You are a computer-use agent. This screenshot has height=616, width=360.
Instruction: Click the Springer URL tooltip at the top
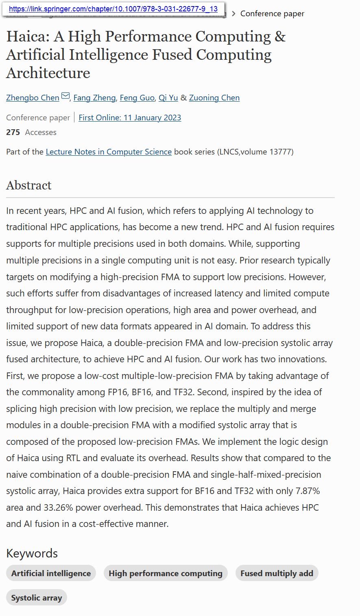tap(113, 9)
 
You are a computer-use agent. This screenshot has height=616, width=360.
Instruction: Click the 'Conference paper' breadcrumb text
tap(272, 13)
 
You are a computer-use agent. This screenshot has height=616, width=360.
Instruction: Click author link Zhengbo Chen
tap(33, 98)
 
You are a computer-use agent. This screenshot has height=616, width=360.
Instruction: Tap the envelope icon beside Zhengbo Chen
tap(65, 96)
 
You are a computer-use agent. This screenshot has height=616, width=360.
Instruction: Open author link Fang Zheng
tap(94, 98)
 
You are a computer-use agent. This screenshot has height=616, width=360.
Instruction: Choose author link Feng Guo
tap(137, 98)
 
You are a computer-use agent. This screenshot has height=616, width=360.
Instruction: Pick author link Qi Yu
tap(168, 98)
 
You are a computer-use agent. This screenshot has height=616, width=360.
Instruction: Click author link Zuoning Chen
tap(214, 98)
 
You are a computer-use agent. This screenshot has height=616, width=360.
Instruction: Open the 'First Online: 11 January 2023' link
tap(130, 118)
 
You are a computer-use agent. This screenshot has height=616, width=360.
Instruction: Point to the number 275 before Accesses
tap(13, 132)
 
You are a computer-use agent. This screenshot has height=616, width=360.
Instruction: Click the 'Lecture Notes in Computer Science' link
tap(109, 152)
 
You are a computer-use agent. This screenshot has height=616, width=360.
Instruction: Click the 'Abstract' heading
tap(29, 185)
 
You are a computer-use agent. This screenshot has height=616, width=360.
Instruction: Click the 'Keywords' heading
tap(32, 553)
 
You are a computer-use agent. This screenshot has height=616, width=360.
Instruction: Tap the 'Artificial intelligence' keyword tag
tap(51, 573)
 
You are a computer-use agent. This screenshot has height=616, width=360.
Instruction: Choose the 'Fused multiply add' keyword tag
tap(277, 573)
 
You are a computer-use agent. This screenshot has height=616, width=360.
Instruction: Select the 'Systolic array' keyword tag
tap(37, 598)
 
